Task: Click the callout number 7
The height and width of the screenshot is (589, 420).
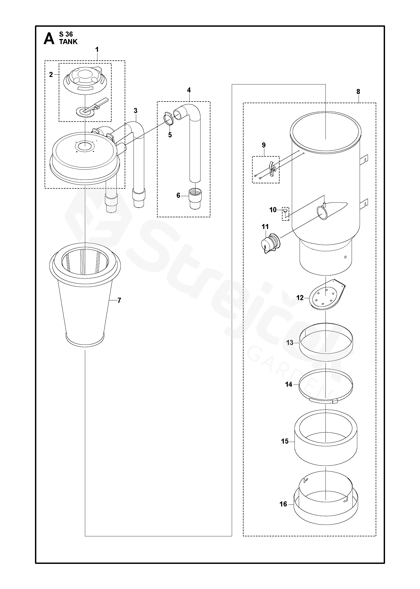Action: click(119, 300)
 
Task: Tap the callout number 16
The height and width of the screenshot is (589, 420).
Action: click(283, 504)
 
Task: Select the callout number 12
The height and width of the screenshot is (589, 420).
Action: click(300, 298)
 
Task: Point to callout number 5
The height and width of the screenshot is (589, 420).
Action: click(170, 135)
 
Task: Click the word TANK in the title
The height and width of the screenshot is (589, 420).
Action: click(68, 41)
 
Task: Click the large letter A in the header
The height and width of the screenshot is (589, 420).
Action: click(49, 39)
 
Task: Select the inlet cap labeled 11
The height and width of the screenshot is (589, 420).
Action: click(270, 242)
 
